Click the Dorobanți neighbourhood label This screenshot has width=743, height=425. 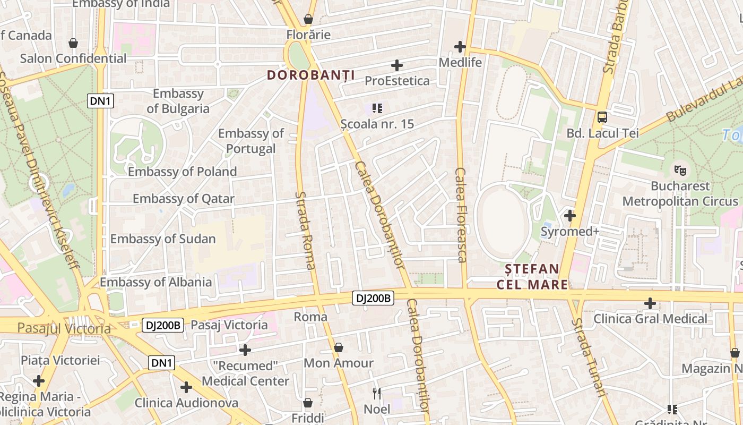tap(310, 75)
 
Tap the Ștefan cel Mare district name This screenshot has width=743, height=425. tap(532, 276)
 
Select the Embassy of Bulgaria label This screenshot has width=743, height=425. tap(178, 101)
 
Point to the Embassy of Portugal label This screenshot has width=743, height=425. tap(250, 141)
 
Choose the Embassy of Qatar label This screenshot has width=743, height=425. tap(183, 199)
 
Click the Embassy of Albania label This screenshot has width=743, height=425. tap(155, 282)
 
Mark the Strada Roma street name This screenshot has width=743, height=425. tap(306, 231)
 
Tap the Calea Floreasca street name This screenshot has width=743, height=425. tap(461, 215)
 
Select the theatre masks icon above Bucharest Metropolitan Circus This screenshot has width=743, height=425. tap(680, 171)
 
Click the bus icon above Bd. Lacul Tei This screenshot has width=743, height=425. tap(602, 117)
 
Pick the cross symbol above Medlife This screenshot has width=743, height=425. tap(460, 47)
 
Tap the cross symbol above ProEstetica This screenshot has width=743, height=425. tap(396, 65)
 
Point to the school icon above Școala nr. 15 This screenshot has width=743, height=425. tap(377, 108)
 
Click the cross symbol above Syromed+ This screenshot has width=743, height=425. tap(570, 216)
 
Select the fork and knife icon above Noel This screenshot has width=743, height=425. tap(377, 394)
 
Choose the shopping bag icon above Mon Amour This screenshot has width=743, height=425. tap(339, 347)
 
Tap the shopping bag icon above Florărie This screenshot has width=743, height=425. tap(308, 20)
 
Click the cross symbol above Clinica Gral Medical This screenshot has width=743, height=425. tap(650, 303)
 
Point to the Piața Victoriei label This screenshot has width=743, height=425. tap(60, 360)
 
